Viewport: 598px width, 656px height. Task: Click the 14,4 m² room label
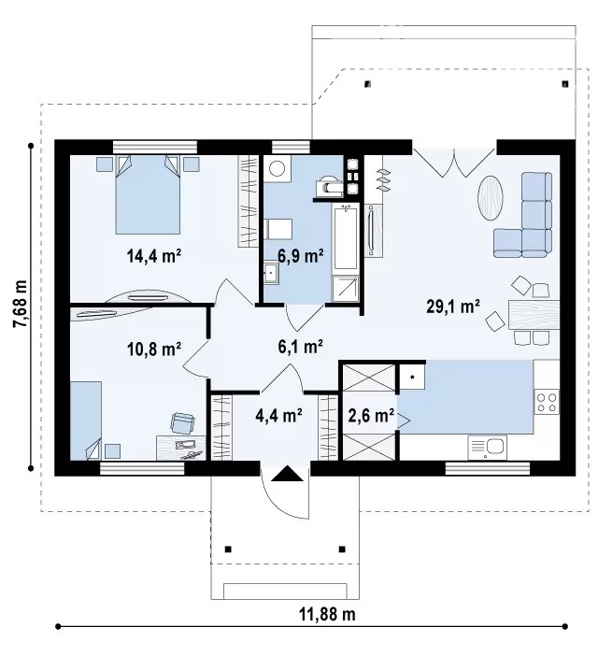coord(153,255)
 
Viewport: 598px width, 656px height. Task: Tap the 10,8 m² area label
coord(153,348)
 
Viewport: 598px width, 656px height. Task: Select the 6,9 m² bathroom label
coord(301,255)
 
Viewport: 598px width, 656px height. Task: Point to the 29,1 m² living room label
coord(453,307)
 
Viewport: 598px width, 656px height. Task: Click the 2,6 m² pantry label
coord(371,415)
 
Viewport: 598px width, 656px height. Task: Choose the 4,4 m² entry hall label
coord(278,415)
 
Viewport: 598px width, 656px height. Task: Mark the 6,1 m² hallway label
coord(300,347)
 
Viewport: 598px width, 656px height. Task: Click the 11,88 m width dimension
coord(327,615)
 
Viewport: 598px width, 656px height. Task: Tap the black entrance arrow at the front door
coord(287,474)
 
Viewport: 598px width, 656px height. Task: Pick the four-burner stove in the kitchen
coord(547,402)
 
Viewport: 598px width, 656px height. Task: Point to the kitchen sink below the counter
coord(487,448)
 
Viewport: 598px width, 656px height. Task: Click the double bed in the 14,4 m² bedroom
coord(148,194)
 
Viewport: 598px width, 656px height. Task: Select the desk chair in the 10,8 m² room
coord(182,422)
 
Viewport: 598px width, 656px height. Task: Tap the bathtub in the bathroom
coord(346,236)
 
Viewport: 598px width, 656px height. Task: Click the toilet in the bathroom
coord(329,186)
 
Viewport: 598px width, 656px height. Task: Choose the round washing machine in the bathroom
coord(277,168)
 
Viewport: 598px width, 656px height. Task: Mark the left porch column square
coord(228,549)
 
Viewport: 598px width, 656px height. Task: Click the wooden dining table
coord(534,315)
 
